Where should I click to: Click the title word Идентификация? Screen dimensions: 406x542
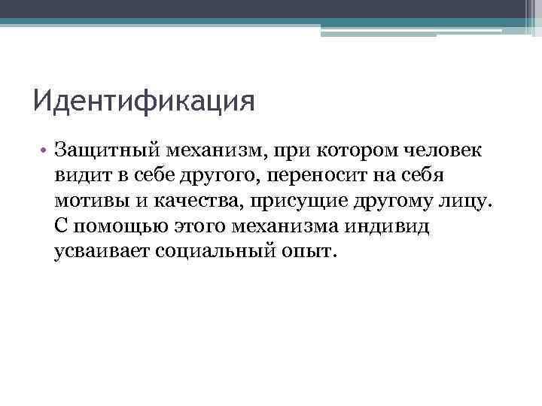click(144, 100)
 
